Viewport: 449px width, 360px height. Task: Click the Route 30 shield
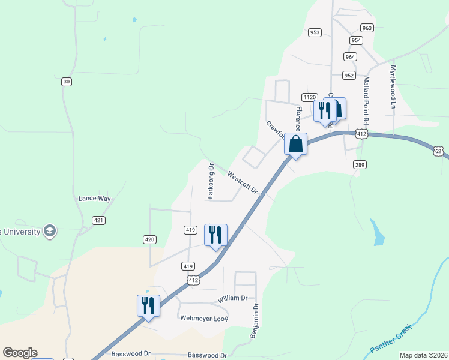(66, 82)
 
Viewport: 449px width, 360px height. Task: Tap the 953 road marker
(315, 32)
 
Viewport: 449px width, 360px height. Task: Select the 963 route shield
(367, 28)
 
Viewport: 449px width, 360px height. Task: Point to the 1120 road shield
(310, 97)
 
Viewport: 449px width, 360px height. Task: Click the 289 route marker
(360, 165)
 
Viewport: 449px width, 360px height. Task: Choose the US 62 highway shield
(439, 151)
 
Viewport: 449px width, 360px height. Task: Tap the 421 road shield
(99, 221)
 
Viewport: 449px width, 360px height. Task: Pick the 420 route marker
(150, 239)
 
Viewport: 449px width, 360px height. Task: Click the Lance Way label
(95, 198)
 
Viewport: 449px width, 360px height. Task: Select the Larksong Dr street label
(211, 181)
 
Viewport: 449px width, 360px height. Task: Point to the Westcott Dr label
(243, 182)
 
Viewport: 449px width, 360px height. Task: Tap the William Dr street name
(232, 298)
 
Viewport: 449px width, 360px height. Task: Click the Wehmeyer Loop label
(205, 318)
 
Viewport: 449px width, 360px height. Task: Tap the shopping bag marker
(295, 145)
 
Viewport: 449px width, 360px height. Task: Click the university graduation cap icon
(50, 231)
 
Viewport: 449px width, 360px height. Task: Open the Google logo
(20, 353)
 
